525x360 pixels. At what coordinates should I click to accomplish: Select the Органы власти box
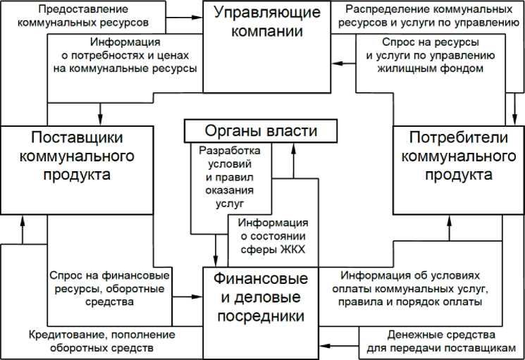251,131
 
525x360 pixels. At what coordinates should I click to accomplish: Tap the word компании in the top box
267,32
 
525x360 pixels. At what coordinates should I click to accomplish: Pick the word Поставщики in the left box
77,135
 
